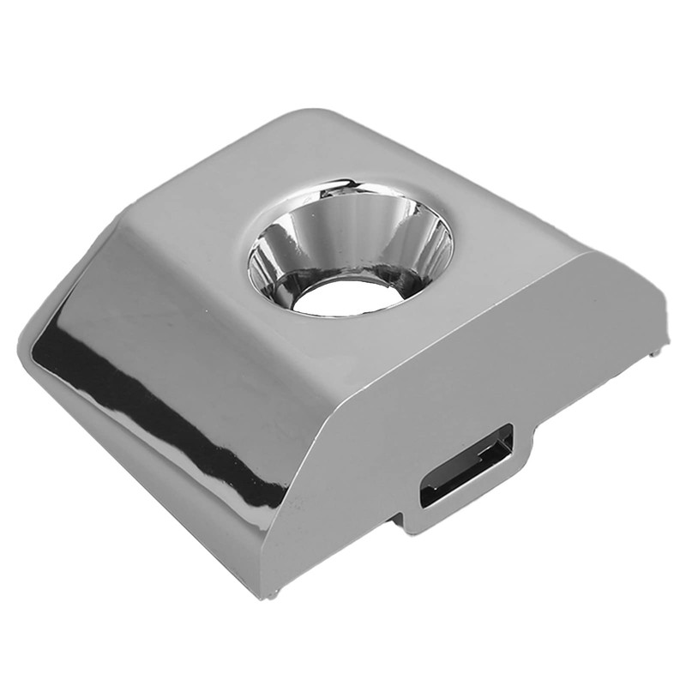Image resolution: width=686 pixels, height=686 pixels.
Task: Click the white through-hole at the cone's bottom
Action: point(348,297)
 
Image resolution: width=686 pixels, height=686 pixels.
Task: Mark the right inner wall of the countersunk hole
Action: point(429,249)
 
